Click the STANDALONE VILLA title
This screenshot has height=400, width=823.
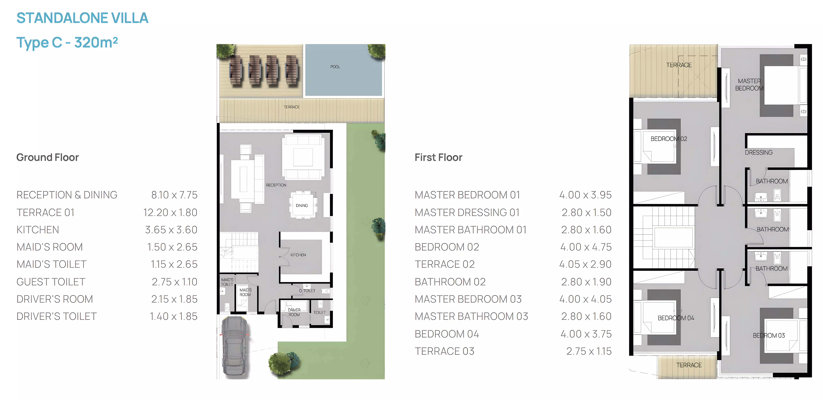click(x=82, y=18)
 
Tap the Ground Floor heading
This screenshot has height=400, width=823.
click(x=48, y=157)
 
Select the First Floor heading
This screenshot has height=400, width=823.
click(x=438, y=157)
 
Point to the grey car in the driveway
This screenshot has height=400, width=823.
click(x=235, y=346)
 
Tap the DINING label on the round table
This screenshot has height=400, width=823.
click(x=302, y=205)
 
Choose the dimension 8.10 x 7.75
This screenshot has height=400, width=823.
click(x=174, y=195)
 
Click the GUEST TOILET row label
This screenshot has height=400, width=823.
click(x=51, y=282)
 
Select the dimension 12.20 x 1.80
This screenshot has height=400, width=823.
click(x=170, y=212)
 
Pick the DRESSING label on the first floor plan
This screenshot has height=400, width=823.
click(x=759, y=153)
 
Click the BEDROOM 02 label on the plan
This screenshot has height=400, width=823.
click(x=669, y=139)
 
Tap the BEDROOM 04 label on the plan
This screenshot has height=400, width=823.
click(x=676, y=318)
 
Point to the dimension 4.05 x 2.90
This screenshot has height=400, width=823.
click(x=585, y=264)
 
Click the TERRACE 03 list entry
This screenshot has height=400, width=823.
click(x=444, y=351)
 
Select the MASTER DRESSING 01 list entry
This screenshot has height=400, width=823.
click(x=467, y=212)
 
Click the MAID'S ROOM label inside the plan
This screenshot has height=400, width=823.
click(x=245, y=292)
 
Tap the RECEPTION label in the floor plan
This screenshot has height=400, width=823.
click(x=276, y=185)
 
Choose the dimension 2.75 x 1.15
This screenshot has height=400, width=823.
click(x=589, y=351)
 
